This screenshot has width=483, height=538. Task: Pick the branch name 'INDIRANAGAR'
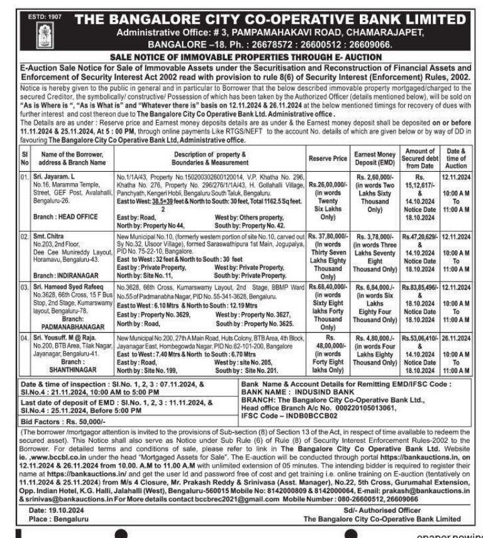[69, 275]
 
